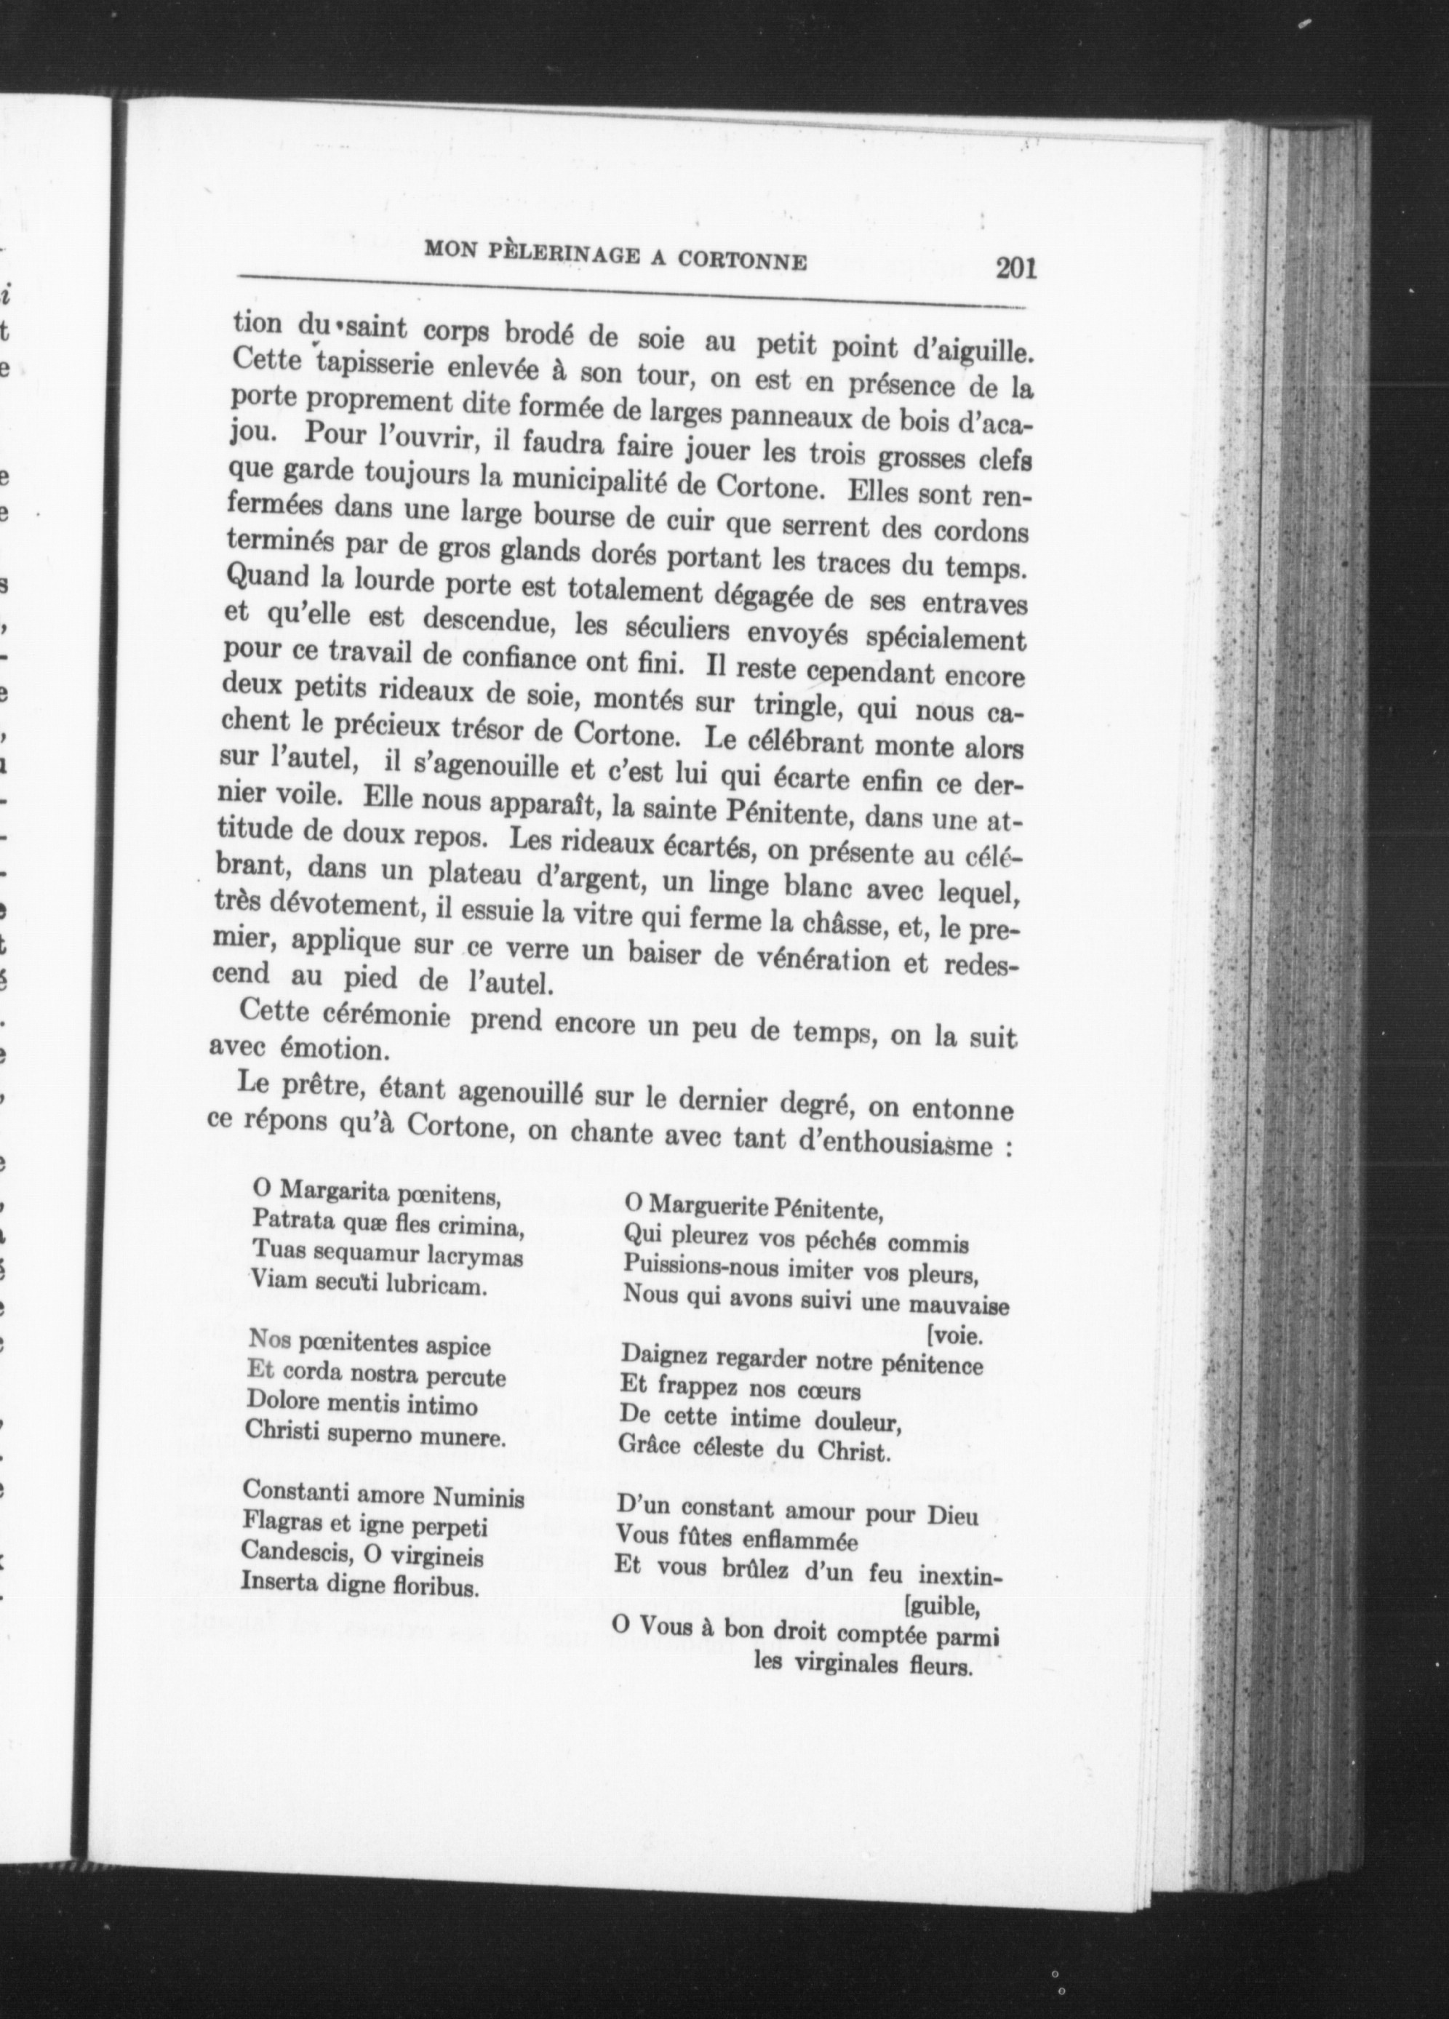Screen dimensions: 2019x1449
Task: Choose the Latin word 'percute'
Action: tap(465, 1379)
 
